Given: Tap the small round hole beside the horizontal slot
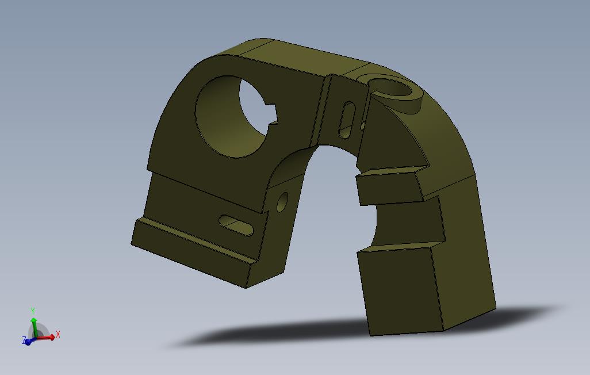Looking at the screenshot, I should click(x=282, y=202).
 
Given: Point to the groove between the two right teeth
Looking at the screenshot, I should click(x=403, y=221).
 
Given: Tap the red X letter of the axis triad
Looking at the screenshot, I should click(x=58, y=334).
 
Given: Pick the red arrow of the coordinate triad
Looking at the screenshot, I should click(x=47, y=337).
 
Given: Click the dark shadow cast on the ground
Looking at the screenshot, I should click(x=288, y=336).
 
